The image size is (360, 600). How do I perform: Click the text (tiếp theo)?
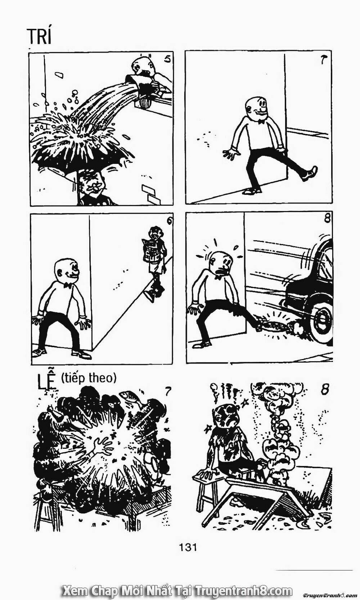(89, 378)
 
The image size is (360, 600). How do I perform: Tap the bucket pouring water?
(140, 86)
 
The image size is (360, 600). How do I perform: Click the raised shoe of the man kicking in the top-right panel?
(311, 174)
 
